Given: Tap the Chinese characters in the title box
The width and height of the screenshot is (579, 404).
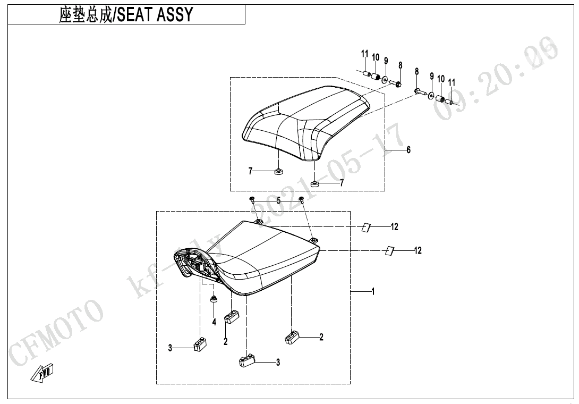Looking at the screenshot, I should point(86,15).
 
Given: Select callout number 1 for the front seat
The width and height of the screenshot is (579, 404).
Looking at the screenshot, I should point(373,291).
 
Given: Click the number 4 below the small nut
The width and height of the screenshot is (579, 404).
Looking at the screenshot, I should point(215,322).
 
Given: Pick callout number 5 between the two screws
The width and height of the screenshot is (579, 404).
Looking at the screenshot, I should point(278,201).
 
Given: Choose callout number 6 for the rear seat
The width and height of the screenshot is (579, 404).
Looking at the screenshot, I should point(408,150).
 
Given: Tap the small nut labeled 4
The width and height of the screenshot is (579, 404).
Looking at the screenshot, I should point(214,300).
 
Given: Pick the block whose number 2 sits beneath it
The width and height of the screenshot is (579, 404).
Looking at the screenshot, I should point(232,318).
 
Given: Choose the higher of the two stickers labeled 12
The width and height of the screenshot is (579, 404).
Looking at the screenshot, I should point(365,227).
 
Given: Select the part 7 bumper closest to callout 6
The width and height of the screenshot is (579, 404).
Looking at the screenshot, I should point(314,184).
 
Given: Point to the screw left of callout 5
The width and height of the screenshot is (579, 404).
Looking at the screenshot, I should point(253,200).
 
